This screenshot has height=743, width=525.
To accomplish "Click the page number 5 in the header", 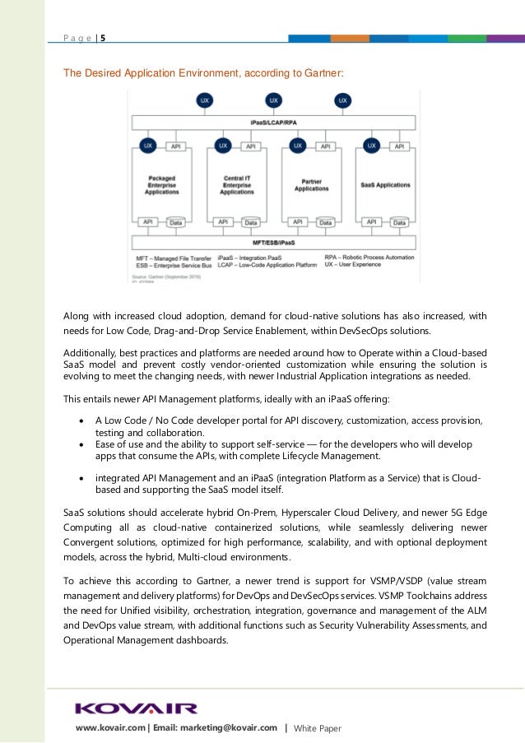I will (103, 37).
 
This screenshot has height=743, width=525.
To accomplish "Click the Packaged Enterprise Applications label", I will (161, 184).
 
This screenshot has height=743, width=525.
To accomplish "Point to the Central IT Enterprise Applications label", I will (236, 184).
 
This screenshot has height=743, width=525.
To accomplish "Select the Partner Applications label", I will (311, 184).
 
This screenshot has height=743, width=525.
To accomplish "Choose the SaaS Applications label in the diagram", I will (386, 184).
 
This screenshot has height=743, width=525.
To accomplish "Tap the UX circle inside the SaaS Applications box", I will (372, 146).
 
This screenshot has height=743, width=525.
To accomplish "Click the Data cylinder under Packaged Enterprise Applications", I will (175, 222).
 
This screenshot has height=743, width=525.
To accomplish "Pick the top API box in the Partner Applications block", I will (325, 146).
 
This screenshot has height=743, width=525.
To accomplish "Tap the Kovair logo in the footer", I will (136, 708).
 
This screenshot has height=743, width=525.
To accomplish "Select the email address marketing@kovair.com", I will (226, 728).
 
